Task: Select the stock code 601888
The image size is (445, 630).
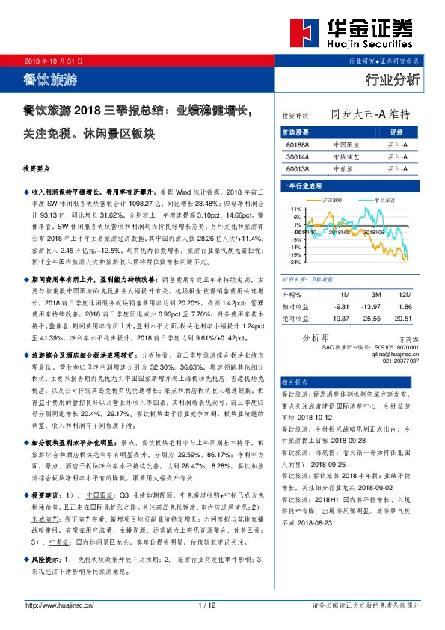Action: (x=297, y=144)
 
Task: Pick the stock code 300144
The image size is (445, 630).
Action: (x=297, y=157)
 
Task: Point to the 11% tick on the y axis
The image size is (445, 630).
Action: (x=295, y=209)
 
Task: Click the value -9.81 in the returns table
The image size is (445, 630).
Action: (x=342, y=307)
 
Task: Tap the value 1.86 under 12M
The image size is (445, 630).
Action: (x=405, y=307)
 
